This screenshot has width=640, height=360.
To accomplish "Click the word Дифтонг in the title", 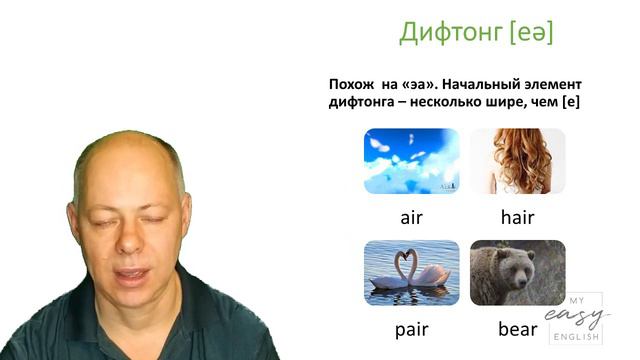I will click(x=450, y=33).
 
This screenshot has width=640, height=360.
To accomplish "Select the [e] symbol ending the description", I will click(x=572, y=102).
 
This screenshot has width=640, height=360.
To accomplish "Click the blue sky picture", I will click(x=412, y=160).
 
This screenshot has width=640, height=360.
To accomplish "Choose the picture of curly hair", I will click(x=517, y=160).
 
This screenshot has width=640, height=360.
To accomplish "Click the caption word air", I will click(x=412, y=217).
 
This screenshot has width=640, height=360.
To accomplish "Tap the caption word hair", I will click(x=517, y=217).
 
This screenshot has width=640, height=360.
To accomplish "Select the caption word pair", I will click(x=412, y=328).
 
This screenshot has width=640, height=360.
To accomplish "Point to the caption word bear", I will click(x=517, y=328).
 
